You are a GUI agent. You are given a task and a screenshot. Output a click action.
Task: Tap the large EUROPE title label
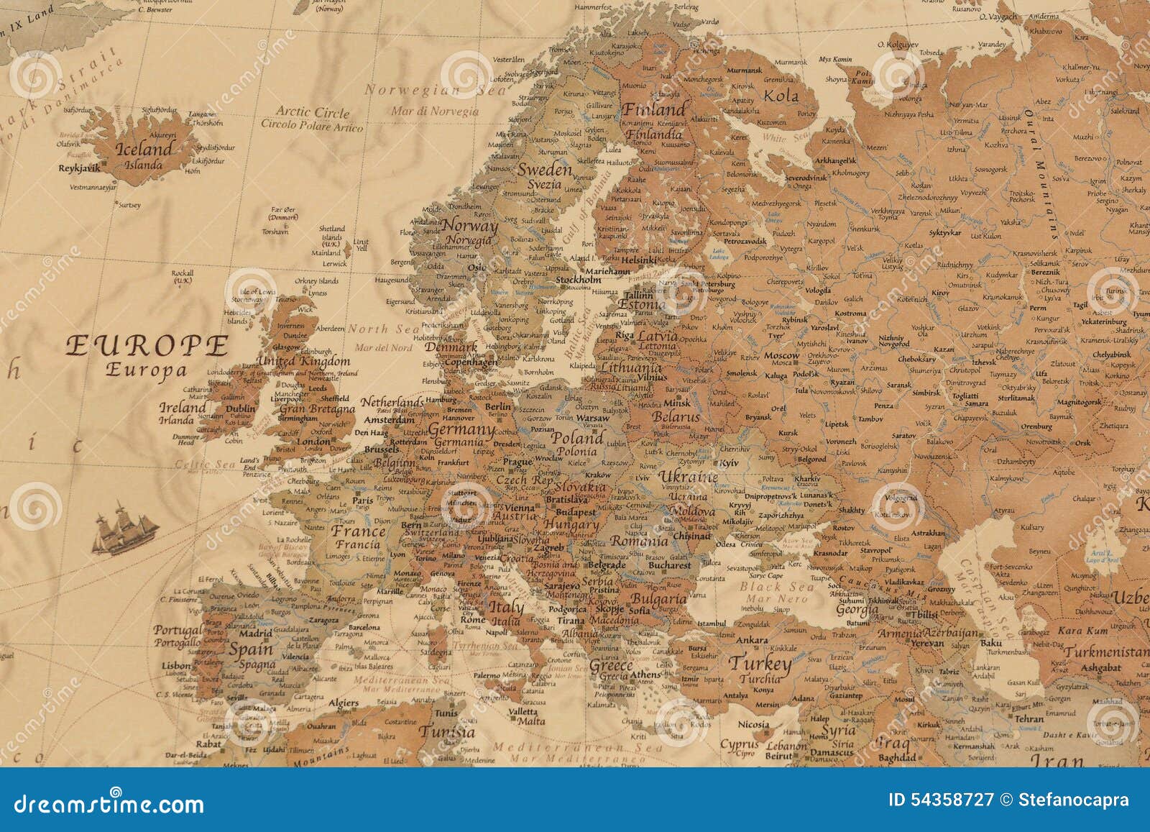147,346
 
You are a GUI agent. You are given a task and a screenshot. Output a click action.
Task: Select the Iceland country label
144,149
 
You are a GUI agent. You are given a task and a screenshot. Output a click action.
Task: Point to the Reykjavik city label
80,168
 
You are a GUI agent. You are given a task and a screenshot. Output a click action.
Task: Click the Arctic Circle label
313,111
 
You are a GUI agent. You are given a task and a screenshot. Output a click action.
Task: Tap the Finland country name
654,110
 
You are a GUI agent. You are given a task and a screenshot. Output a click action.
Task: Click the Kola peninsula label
781,96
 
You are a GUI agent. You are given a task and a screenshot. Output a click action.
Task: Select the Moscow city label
781,355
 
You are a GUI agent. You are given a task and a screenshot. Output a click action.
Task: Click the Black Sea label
776,586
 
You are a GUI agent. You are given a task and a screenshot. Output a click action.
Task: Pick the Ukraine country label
688,477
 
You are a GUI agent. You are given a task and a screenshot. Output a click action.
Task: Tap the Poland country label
577,438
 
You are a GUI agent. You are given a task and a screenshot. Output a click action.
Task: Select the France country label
359,531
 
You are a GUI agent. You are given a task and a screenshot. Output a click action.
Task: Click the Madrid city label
255,634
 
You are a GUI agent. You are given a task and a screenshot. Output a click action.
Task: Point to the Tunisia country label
447,732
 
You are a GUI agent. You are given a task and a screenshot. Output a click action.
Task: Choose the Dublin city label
240,408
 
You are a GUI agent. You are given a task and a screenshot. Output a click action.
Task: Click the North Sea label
383,329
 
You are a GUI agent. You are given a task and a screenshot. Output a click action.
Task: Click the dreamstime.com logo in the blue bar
109,803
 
